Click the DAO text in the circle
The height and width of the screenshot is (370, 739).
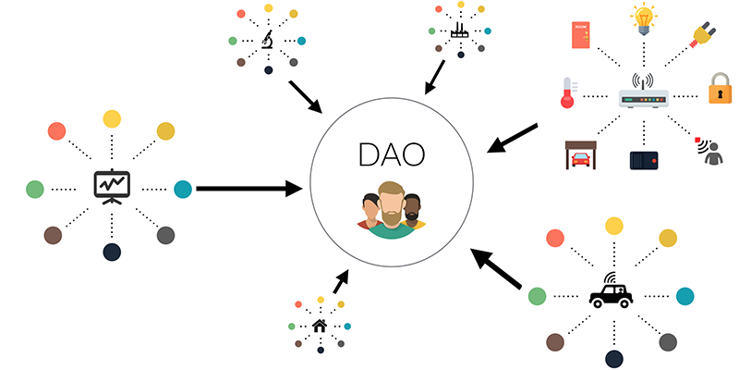pos(392,154)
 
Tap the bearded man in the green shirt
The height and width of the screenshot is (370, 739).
pos(391,211)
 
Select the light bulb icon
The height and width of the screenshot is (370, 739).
pos(644,18)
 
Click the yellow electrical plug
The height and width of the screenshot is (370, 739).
pos(703,36)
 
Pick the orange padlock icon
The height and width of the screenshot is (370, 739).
pos(721,88)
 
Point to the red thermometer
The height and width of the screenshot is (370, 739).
pos(568,92)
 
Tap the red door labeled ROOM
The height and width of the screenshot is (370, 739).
pos(581,35)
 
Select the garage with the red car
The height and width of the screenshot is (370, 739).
pos(581,154)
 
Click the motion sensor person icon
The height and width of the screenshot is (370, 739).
pos(709,151)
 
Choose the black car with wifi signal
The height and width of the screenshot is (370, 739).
pos(611,290)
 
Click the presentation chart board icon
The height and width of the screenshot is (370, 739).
pos(112,187)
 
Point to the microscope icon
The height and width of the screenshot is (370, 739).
pos(268,40)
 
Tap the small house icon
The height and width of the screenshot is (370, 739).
pos(320,326)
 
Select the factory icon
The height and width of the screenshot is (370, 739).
pos(460,31)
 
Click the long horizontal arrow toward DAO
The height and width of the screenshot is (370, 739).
pos(248,189)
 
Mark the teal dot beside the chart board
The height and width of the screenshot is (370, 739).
pos(183,190)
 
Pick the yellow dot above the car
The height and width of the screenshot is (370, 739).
pos(614,226)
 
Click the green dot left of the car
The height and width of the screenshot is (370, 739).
pos(537,296)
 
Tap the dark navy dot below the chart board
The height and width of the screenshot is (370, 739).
pos(112,252)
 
